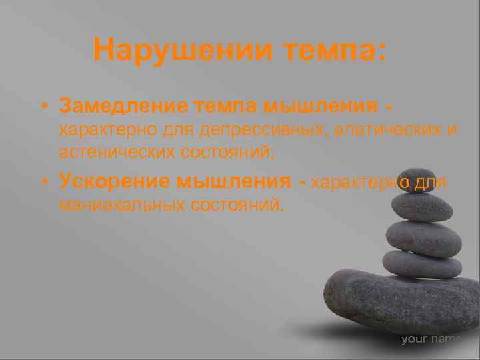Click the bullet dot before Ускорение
(43, 181)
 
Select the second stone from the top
(421, 207)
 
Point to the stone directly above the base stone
(422, 264)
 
